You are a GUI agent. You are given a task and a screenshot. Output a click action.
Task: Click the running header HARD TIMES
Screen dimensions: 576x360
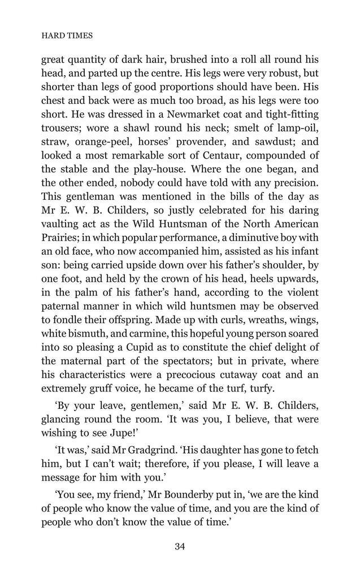pyautogui.click(x=67, y=35)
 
